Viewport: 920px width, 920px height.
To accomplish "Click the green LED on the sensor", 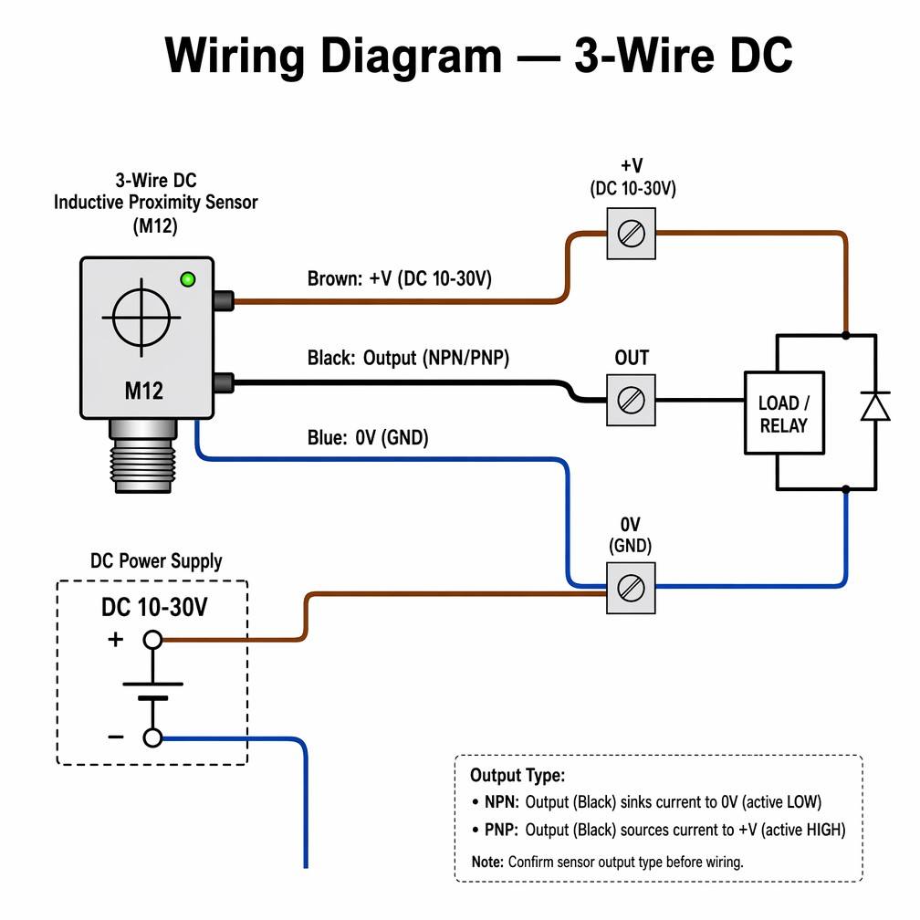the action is (x=188, y=279).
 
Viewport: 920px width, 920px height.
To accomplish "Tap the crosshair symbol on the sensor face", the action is (x=141, y=318).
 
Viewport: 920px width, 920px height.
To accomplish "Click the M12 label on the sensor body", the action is (x=144, y=391).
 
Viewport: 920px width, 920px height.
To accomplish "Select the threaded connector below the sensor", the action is (x=143, y=456).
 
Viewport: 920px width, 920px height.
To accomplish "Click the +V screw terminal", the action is (x=631, y=234).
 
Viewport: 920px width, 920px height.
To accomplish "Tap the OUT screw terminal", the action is (x=631, y=400).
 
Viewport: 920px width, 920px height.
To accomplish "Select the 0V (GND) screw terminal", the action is (x=631, y=588).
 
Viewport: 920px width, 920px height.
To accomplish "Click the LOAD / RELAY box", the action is (x=785, y=413).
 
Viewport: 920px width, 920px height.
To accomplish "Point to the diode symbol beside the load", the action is (x=875, y=406).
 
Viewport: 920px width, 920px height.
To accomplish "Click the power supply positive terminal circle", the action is (x=152, y=640).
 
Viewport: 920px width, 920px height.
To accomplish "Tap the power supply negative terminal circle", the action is (x=152, y=737).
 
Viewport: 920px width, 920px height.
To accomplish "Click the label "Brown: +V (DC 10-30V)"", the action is (x=400, y=278).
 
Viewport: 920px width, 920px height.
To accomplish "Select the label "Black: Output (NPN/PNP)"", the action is (x=408, y=358).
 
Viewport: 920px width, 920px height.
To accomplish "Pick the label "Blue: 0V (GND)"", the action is (x=368, y=438).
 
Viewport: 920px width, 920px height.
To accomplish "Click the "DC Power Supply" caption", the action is (x=156, y=561).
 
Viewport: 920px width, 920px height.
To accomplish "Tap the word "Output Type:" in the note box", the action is (x=517, y=776).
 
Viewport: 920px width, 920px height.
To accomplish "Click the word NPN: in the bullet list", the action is (x=502, y=802).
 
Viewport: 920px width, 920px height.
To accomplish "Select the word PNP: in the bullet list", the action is (x=502, y=831).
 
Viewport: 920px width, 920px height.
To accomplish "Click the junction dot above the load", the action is (x=845, y=336).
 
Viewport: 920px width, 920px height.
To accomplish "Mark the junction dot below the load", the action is (x=845, y=489).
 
